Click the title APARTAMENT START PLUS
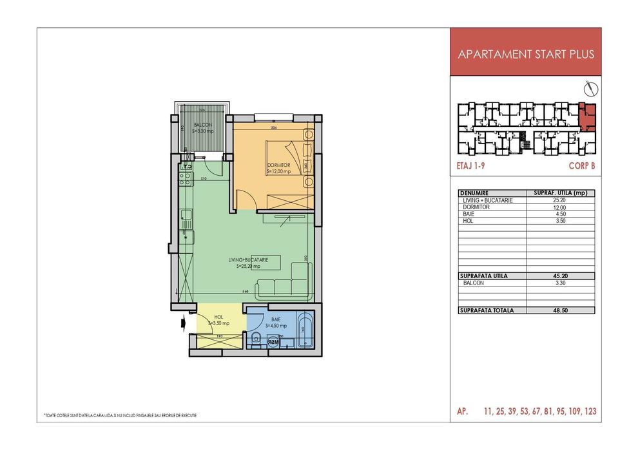[x=525, y=54]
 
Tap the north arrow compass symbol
[x=587, y=87]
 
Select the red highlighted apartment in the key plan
[x=587, y=115]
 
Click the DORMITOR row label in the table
[x=477, y=207]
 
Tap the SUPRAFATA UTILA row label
[x=484, y=276]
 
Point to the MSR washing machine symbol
[x=273, y=342]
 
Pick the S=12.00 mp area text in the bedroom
[x=279, y=171]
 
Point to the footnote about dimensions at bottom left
[x=120, y=415]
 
